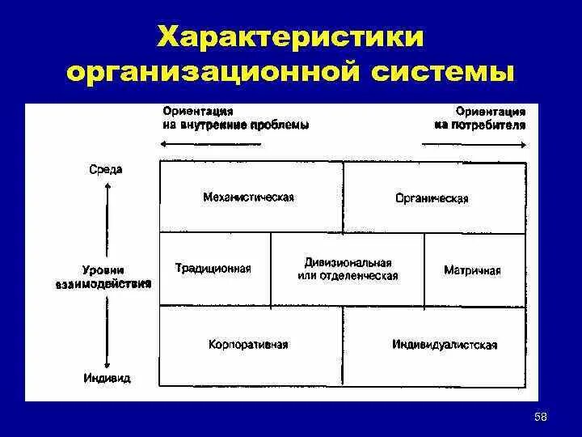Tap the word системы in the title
(444, 74)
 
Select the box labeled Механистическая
(251, 197)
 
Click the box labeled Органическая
(434, 197)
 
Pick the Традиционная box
(215, 269)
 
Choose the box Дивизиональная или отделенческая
(348, 269)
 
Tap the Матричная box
(474, 269)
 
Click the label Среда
(106, 169)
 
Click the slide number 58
(541, 416)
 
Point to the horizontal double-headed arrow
(344, 144)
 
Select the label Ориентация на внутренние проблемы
(235, 118)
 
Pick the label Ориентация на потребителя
(480, 118)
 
